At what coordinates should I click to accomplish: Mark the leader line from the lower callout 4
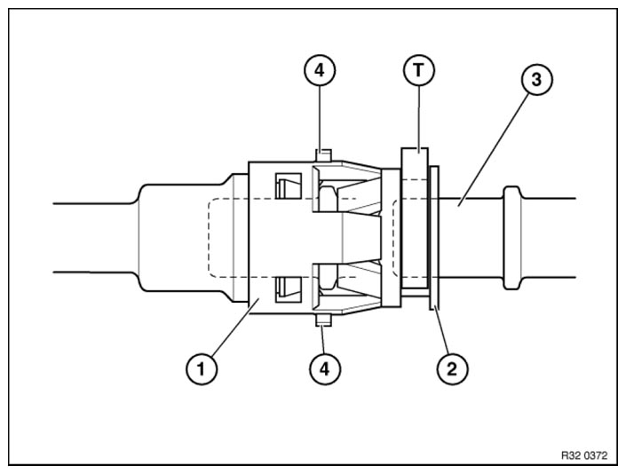pos(324,339)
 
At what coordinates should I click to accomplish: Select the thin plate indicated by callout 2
pos(434,239)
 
